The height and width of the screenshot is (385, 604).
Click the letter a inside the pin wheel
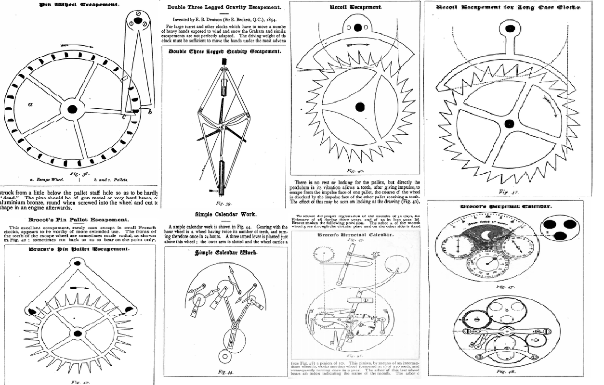[x=30, y=103]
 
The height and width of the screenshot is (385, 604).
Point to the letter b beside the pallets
[x=150, y=112]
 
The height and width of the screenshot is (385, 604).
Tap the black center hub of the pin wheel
[x=72, y=109]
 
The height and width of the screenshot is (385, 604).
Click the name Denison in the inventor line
[x=206, y=21]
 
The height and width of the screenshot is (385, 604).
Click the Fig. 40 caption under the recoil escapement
[x=355, y=170]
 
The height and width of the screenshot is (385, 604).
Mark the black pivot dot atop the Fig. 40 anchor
[x=357, y=28]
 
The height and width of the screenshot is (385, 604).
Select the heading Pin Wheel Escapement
[x=79, y=4]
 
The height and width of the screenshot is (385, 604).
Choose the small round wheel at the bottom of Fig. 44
[x=224, y=357]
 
